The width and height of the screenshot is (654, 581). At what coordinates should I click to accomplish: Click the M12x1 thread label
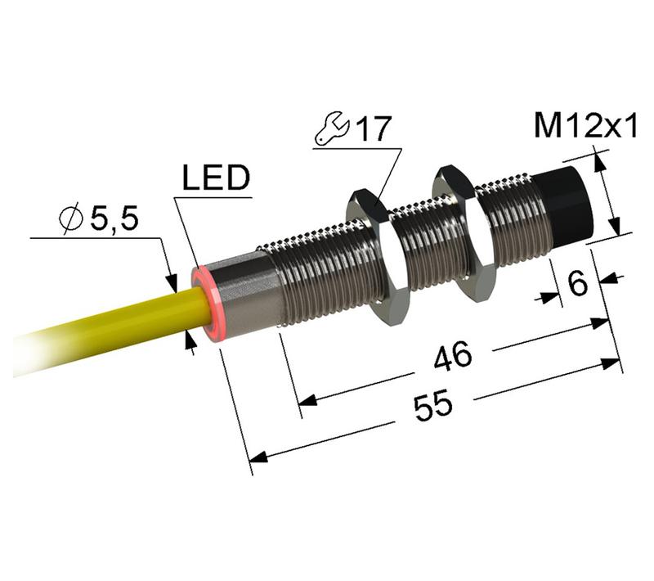(585, 127)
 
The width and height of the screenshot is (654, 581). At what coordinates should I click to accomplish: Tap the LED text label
(214, 179)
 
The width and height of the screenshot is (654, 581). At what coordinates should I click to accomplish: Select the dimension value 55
(433, 407)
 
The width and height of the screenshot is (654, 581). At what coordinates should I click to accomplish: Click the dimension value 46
(453, 356)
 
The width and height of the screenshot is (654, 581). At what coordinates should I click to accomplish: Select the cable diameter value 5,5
(113, 219)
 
